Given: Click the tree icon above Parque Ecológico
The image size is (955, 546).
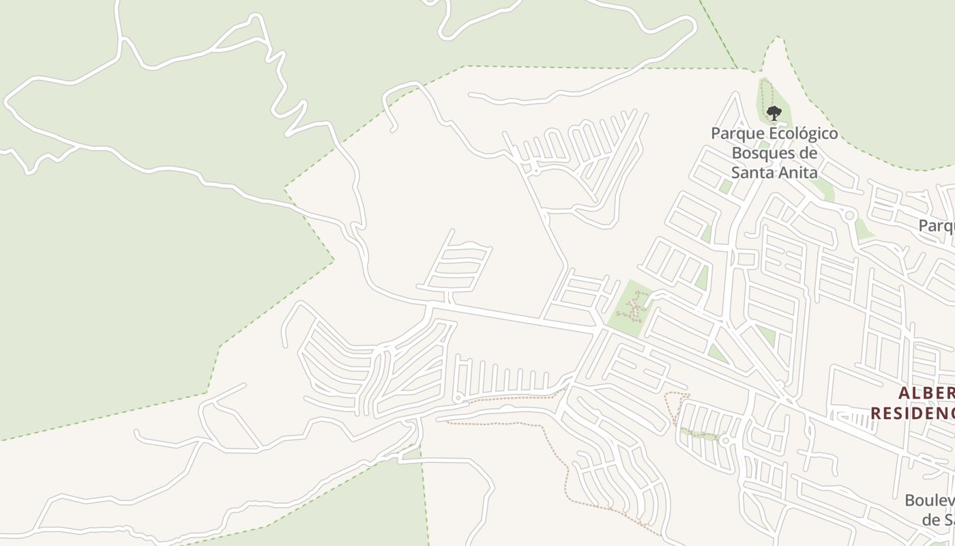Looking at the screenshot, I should [773, 113].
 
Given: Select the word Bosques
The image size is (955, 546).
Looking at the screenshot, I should [765, 152].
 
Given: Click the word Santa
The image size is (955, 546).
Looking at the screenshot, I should [748, 172].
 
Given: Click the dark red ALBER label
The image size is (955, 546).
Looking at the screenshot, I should [926, 394].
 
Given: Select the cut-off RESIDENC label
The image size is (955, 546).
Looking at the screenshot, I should [912, 414].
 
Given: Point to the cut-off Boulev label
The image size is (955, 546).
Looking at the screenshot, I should [929, 501].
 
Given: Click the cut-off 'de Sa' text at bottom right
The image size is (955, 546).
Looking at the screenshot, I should [938, 520].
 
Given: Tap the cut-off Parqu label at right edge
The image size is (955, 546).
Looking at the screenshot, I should [936, 225].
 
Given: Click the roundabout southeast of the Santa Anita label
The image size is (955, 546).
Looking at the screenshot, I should [849, 216].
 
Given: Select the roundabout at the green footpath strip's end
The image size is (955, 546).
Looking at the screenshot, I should [725, 442].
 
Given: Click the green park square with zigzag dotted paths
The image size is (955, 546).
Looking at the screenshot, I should [629, 307].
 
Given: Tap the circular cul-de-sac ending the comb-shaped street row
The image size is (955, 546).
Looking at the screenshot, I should [458, 397].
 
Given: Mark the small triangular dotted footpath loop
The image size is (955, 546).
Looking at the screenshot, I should [676, 406].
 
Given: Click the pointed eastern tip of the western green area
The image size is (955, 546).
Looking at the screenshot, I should [333, 259].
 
